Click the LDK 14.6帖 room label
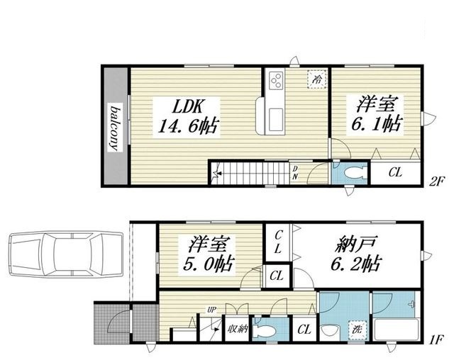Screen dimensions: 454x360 coord(187,117)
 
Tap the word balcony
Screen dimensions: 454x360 coord(116,128)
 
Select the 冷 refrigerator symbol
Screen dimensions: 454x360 coord(317,79)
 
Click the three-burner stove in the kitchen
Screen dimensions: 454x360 coord(275,80)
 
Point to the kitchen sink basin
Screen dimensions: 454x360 coord(275,119)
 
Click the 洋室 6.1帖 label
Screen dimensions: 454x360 coord(376,113)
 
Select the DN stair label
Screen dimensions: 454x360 coord(295,173)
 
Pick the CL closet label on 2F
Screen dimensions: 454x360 coord(395,173)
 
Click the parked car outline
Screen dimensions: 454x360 coord(66,254)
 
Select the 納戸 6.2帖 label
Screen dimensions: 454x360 coord(356,254)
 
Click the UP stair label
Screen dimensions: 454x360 coord(212,310)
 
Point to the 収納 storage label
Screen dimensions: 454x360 coord(237,329)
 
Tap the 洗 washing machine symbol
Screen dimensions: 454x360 coord(357,330)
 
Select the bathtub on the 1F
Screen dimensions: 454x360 coord(397,330)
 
